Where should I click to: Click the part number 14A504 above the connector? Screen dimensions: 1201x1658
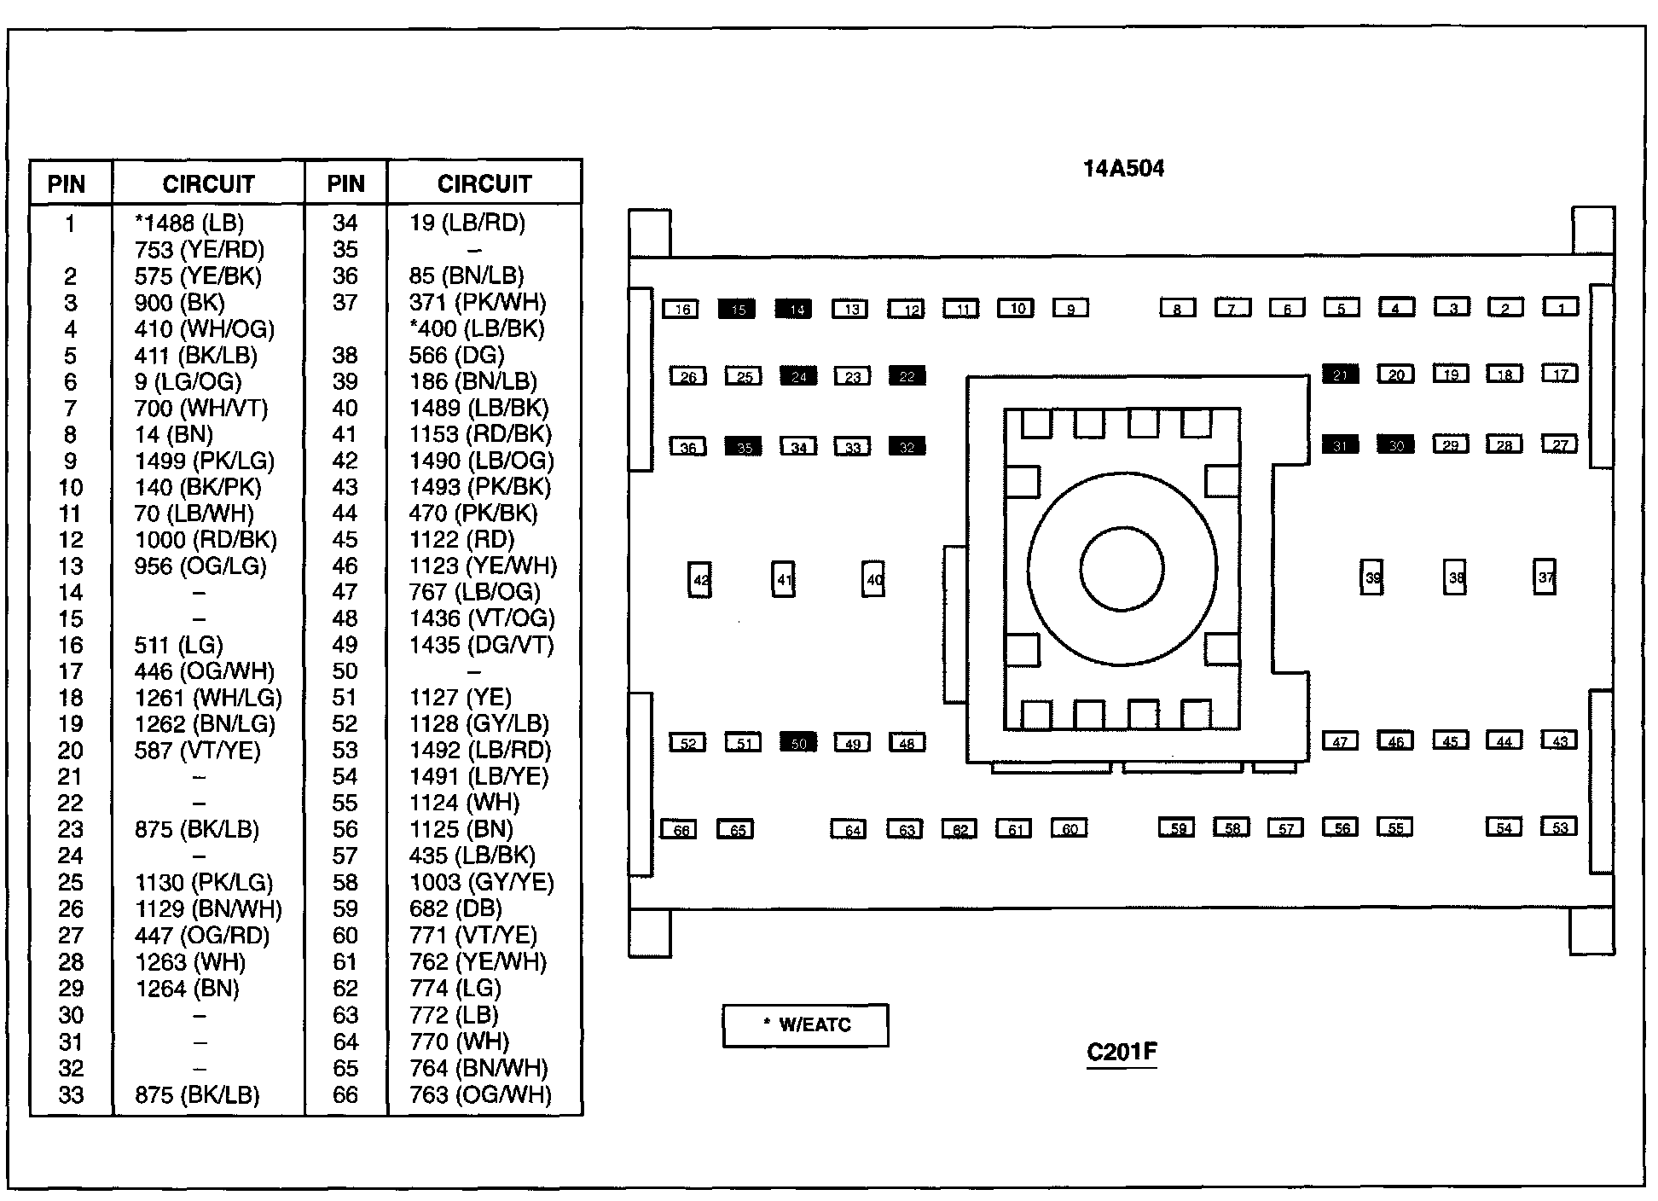(1123, 169)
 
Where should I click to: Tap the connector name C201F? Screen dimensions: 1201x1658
(1122, 1052)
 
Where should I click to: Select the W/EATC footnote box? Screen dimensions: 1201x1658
(805, 1025)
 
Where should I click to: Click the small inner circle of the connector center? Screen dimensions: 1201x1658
(1122, 569)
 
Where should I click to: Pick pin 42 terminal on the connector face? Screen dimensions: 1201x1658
(700, 580)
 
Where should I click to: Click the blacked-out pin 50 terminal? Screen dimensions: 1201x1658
(798, 743)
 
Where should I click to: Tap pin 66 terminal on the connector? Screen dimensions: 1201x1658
(681, 829)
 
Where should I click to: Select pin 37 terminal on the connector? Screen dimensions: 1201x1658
(1545, 577)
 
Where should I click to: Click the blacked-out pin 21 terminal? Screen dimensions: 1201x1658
(1340, 374)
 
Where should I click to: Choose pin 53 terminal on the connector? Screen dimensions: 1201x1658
(1560, 827)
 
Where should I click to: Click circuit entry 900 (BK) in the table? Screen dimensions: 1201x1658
(180, 303)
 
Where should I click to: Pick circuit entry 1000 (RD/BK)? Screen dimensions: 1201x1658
(206, 540)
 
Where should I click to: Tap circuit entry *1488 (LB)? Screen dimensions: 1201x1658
(189, 223)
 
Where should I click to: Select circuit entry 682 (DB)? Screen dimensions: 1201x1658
(455, 909)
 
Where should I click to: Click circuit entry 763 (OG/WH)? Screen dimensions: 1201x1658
(480, 1095)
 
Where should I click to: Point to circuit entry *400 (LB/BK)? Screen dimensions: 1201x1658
(477, 329)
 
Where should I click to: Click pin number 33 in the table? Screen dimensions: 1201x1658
(71, 1095)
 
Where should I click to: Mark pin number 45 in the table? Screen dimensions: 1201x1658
(345, 540)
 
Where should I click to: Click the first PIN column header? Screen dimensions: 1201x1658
(67, 184)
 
